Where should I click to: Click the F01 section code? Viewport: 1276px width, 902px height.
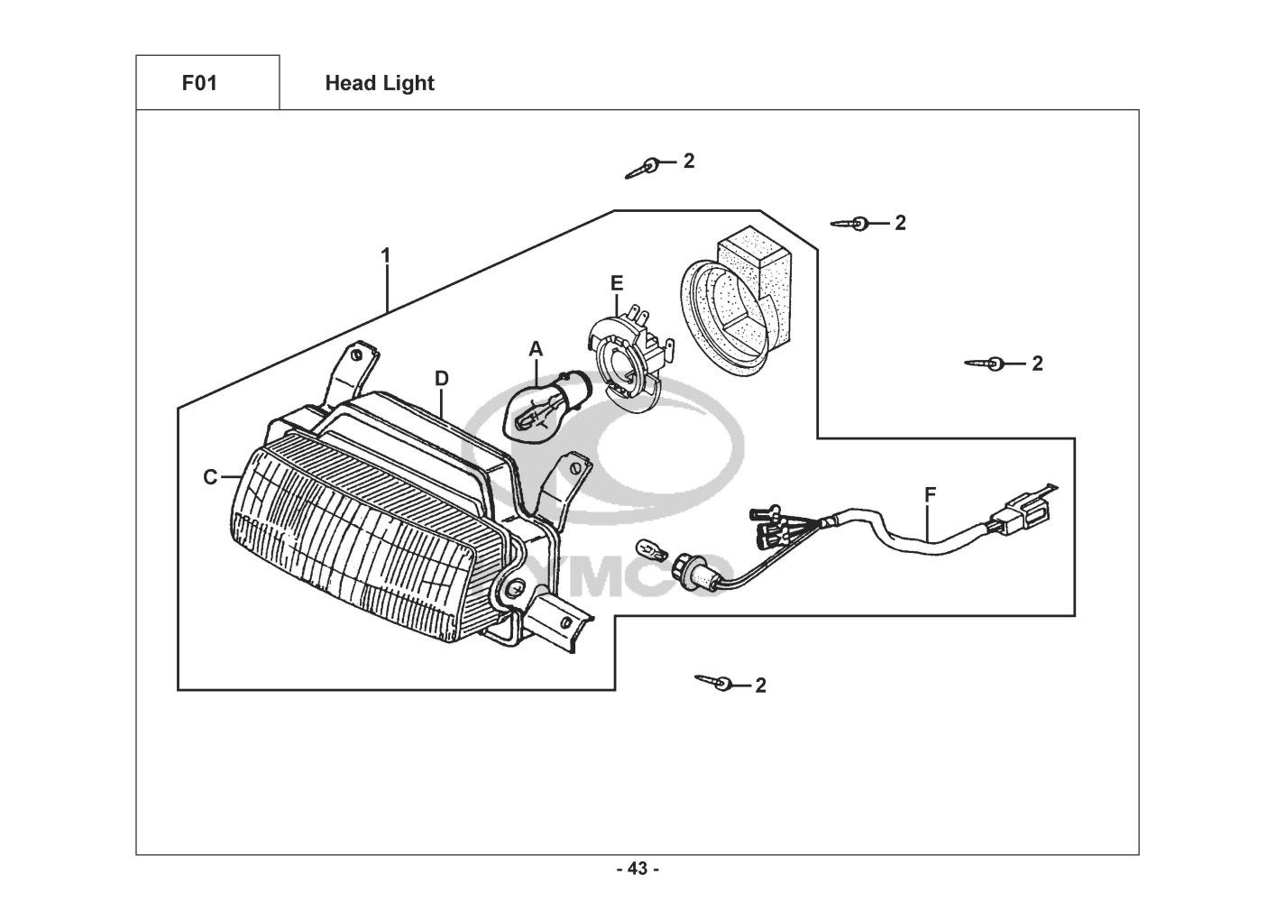(x=199, y=83)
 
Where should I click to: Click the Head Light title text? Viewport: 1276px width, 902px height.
(x=380, y=84)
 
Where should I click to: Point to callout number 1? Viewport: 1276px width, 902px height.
(x=386, y=255)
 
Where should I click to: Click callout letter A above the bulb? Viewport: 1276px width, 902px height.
(x=536, y=349)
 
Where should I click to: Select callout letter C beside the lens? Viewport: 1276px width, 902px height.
(x=210, y=477)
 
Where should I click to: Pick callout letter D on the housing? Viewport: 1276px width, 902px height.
(x=442, y=378)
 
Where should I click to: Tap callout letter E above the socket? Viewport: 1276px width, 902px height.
(x=616, y=283)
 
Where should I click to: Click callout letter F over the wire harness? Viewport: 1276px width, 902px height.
(x=930, y=494)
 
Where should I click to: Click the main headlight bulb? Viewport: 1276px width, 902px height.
(x=546, y=410)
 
